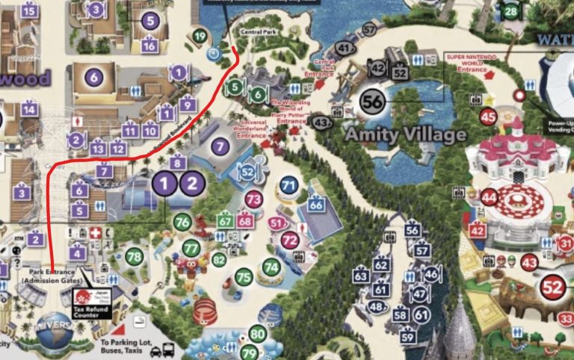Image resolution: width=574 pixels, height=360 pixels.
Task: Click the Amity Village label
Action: pos(405,134)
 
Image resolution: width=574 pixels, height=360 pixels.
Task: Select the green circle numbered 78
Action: pos(134,257)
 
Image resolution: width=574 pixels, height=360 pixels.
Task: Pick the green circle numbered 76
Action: pos(182,222)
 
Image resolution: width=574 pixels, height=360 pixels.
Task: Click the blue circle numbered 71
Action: pos(288,185)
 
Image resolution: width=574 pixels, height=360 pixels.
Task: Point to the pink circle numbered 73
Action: pos(254,199)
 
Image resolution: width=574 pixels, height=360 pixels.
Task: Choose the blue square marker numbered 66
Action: pos(316,205)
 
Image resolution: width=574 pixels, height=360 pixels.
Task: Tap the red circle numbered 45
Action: pos(489,117)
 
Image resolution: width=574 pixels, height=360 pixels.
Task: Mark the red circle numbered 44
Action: pos(490,198)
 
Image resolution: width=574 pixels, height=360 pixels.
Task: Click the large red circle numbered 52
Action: pos(553,286)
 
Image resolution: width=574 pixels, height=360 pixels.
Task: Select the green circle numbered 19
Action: pos(200,36)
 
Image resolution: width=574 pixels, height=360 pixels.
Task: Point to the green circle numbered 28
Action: pos(510,11)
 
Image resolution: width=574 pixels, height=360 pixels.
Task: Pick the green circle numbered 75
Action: pos(244,276)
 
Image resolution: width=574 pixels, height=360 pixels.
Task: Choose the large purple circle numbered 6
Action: pos(93,77)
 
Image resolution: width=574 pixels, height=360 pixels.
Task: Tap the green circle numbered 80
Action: pos(258,334)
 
